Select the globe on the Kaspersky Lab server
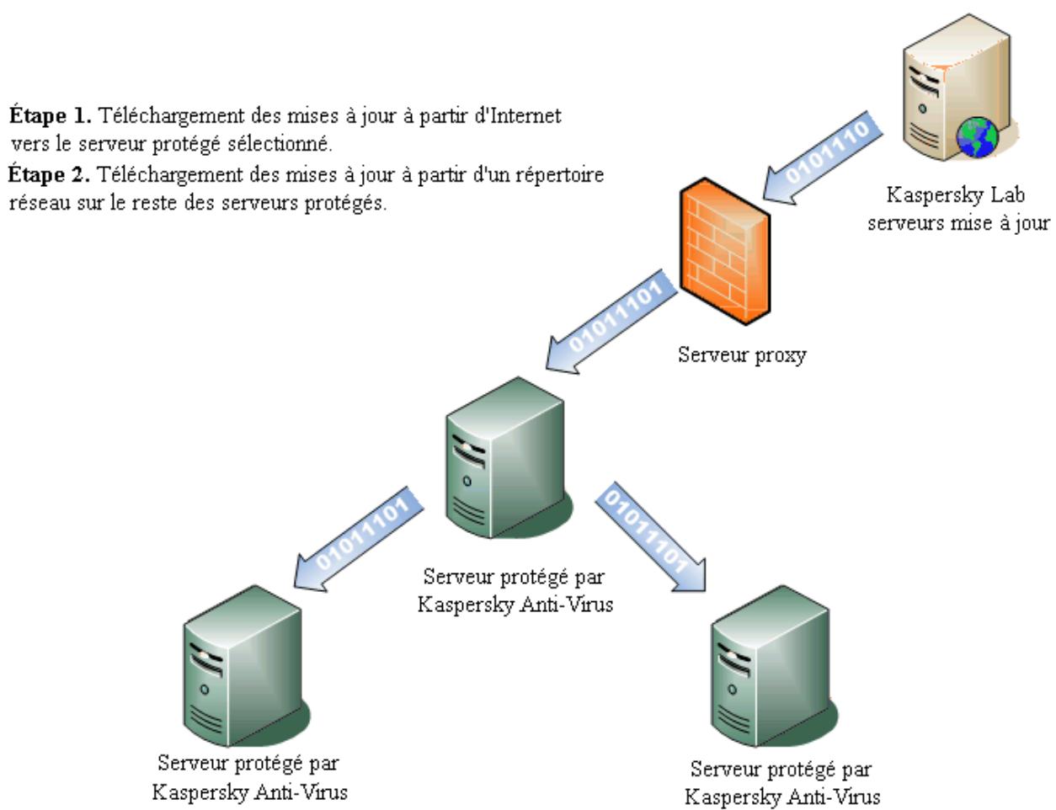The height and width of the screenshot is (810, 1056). click(x=979, y=139)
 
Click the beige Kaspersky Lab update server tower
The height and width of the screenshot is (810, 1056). click(x=947, y=93)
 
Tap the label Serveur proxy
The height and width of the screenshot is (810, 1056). click(x=742, y=354)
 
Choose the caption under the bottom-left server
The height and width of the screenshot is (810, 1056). click(x=249, y=777)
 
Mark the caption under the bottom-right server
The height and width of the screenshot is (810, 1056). click(x=781, y=782)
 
